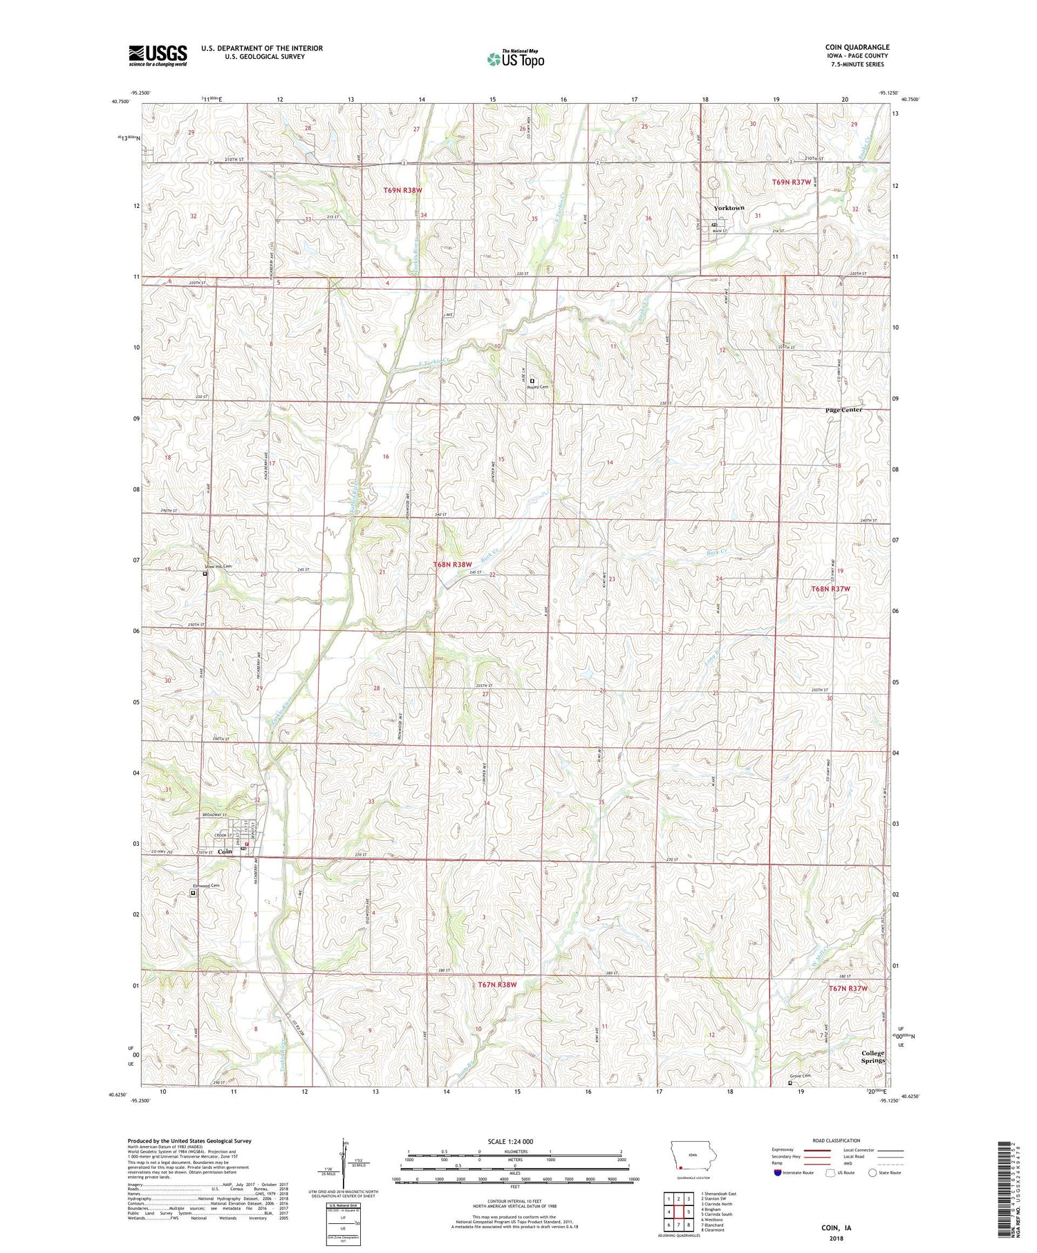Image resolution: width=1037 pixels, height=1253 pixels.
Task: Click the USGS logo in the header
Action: coord(158,55)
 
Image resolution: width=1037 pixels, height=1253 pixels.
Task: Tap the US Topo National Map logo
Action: coord(515,59)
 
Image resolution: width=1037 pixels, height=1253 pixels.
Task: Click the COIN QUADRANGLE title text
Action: coord(857,47)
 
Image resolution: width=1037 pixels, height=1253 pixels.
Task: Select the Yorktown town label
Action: coord(729,208)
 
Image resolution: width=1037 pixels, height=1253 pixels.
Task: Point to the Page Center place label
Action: coord(844,410)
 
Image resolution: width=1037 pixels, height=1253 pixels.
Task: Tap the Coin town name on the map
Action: coord(225,852)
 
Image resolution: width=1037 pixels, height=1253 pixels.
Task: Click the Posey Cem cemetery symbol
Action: coord(532,381)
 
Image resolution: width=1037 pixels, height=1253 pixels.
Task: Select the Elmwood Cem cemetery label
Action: coord(206,886)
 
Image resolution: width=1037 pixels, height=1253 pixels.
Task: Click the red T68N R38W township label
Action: coord(452,565)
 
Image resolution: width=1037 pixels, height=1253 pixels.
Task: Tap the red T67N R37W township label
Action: coord(848,989)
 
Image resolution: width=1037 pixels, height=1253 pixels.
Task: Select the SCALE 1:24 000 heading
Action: coord(514,1141)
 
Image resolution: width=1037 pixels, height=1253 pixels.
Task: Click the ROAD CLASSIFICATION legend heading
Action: coord(837,1140)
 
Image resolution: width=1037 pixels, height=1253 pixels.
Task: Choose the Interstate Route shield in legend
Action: coord(778,1173)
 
